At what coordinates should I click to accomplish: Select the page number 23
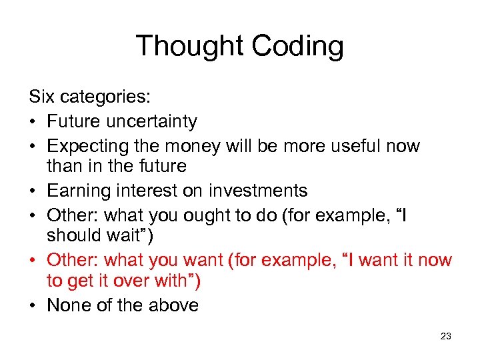coord(446,337)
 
